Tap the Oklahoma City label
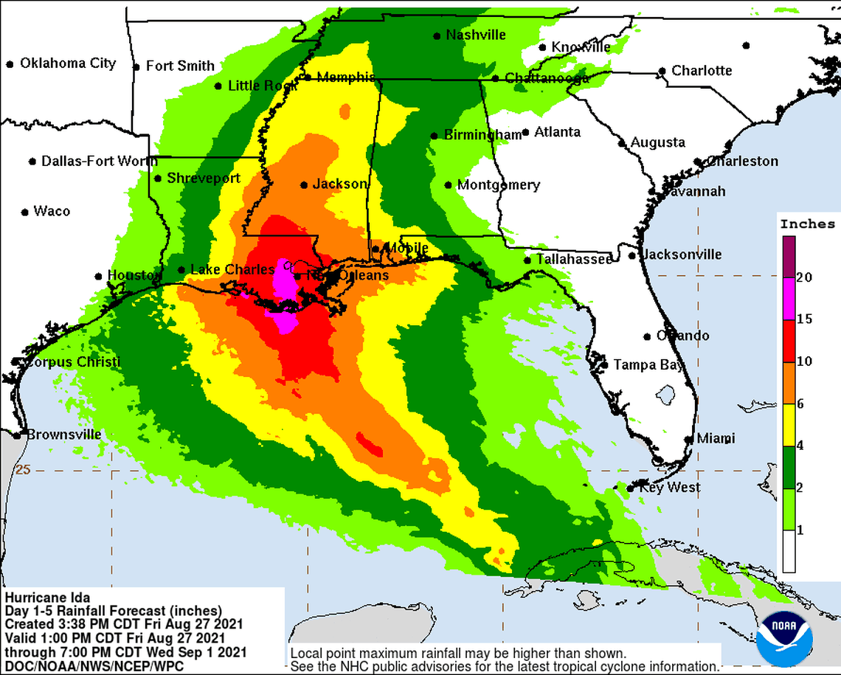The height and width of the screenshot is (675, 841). click(x=67, y=63)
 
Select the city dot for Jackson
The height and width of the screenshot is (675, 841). click(x=303, y=184)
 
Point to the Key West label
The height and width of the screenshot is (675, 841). click(x=670, y=488)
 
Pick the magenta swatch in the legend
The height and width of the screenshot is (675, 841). click(x=789, y=299)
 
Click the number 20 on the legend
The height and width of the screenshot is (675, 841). click(x=804, y=277)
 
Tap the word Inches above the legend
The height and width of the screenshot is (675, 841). click(x=807, y=224)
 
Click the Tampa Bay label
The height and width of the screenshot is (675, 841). click(x=648, y=364)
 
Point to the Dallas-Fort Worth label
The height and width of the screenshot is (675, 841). click(x=99, y=161)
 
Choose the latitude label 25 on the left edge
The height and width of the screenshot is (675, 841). click(x=23, y=469)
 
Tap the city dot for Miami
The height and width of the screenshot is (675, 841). click(x=688, y=439)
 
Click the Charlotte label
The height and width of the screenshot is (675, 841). click(x=702, y=71)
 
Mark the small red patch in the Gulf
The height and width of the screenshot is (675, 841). click(x=369, y=444)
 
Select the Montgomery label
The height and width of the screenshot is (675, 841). click(x=498, y=185)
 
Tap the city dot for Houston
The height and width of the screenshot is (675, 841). click(x=98, y=277)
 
